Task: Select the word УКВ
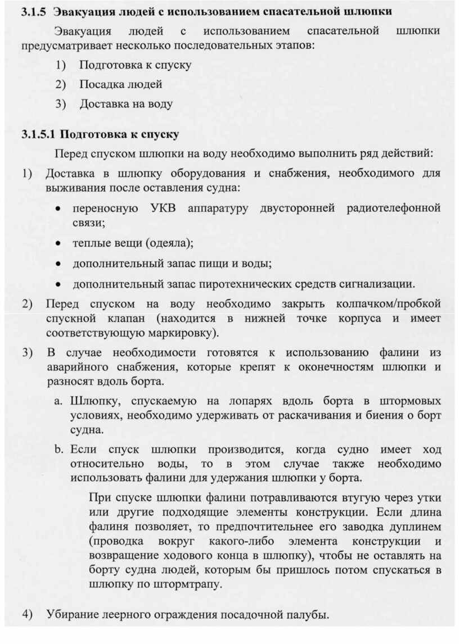[163, 208]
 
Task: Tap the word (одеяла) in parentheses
[169, 243]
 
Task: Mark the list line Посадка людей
[120, 84]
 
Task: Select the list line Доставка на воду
[125, 104]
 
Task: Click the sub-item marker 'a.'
[58, 401]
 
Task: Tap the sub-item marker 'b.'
[58, 450]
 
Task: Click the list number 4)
[27, 614]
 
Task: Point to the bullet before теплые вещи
[58, 244]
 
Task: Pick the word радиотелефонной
[394, 208]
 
